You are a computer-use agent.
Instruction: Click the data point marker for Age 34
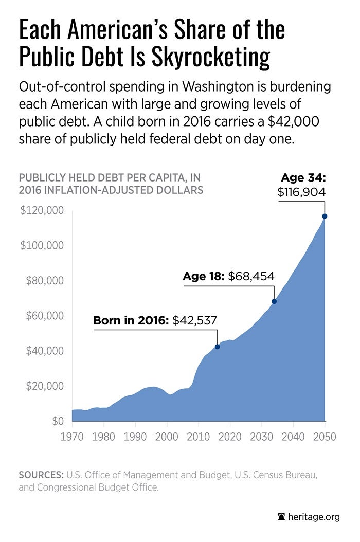click(x=325, y=216)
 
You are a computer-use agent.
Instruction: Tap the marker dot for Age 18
click(x=274, y=301)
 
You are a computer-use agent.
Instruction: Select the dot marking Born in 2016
click(x=218, y=347)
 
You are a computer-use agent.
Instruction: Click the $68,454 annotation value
click(x=251, y=277)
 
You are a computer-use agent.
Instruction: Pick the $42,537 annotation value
click(x=194, y=320)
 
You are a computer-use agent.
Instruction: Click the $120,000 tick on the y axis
click(x=42, y=210)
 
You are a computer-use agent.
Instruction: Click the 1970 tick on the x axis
click(x=72, y=437)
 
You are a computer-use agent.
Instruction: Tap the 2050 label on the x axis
click(x=325, y=437)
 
